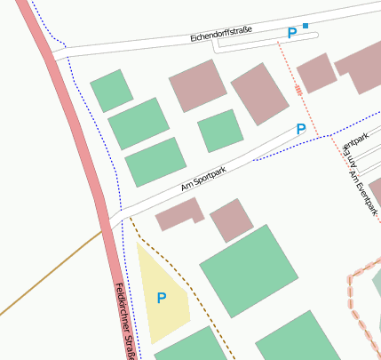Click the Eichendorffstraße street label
tap(221, 35)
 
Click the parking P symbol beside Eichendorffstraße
tap(291, 34)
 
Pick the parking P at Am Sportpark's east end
tap(301, 129)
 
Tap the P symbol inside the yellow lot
tap(161, 298)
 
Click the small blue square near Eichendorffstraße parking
tap(306, 26)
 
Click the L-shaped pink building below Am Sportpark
tap(179, 215)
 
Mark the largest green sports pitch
tap(248, 270)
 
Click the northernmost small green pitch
tap(111, 90)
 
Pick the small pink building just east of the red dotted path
tap(316, 72)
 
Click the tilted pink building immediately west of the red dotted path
tap(260, 93)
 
